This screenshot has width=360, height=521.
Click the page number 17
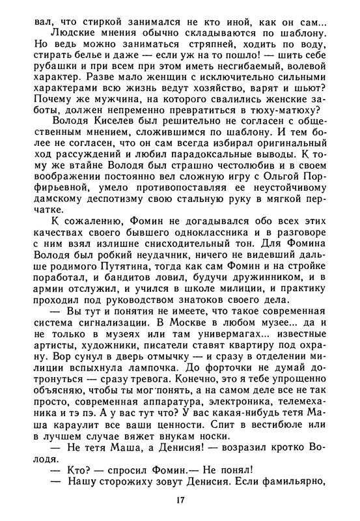[x=180, y=500]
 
